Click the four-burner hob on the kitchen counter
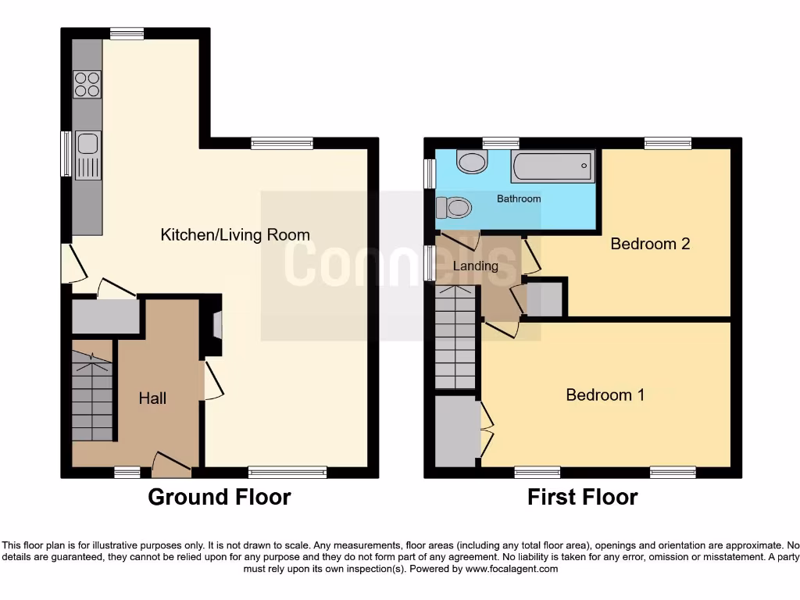tap(87, 84)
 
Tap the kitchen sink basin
tap(87, 144)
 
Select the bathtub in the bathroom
tap(553, 166)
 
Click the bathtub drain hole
tap(584, 166)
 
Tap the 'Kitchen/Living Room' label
tap(234, 234)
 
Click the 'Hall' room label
tap(152, 398)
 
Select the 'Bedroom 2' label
tap(650, 244)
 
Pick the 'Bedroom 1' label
tap(605, 395)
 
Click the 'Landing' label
tap(475, 266)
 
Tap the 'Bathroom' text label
tap(519, 198)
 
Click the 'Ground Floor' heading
tap(219, 497)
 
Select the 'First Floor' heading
tap(582, 497)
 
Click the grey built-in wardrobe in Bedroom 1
tap(455, 431)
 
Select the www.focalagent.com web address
tap(511, 569)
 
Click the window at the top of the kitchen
tap(126, 33)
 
